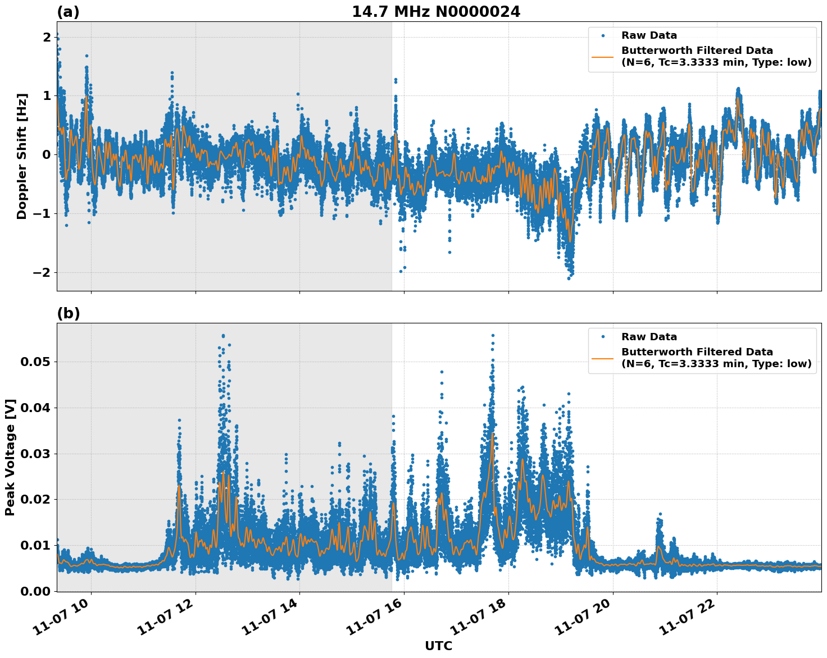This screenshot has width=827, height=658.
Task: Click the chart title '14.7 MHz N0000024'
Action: [x=436, y=12]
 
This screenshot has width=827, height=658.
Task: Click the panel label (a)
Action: [x=68, y=12]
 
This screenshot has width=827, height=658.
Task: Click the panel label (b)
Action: [x=68, y=314]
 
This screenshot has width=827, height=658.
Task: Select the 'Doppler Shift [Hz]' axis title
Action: [x=22, y=156]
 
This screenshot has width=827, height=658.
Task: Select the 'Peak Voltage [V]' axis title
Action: [x=10, y=457]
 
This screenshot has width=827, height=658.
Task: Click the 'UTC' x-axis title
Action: [x=438, y=646]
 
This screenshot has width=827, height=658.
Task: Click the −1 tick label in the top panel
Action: [x=43, y=214]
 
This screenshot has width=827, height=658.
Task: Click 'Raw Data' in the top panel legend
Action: [x=649, y=36]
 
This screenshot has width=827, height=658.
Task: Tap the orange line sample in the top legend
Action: [x=603, y=56]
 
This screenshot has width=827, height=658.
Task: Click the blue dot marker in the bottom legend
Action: [x=603, y=337]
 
